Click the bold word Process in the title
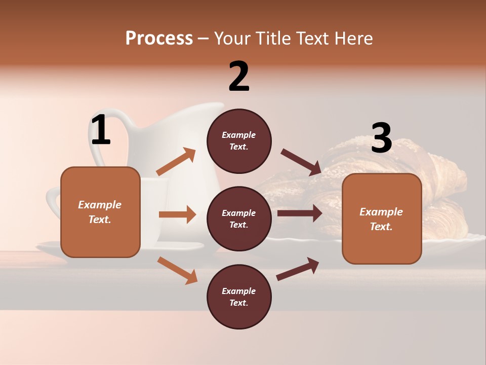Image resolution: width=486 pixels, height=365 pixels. (x=159, y=38)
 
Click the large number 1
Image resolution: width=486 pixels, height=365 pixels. (x=101, y=130)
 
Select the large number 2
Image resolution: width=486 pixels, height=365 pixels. (x=239, y=77)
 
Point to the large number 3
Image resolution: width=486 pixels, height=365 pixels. (x=381, y=138)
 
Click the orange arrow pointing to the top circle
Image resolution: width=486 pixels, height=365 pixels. (x=176, y=162)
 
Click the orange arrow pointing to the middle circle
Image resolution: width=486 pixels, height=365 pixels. (x=177, y=214)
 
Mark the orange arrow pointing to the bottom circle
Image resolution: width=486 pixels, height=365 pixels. (x=177, y=270)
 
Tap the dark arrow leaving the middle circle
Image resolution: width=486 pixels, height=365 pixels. (x=300, y=213)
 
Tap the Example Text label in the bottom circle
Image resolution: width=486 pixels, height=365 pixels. (x=239, y=297)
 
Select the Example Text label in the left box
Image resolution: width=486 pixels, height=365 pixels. (x=100, y=212)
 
